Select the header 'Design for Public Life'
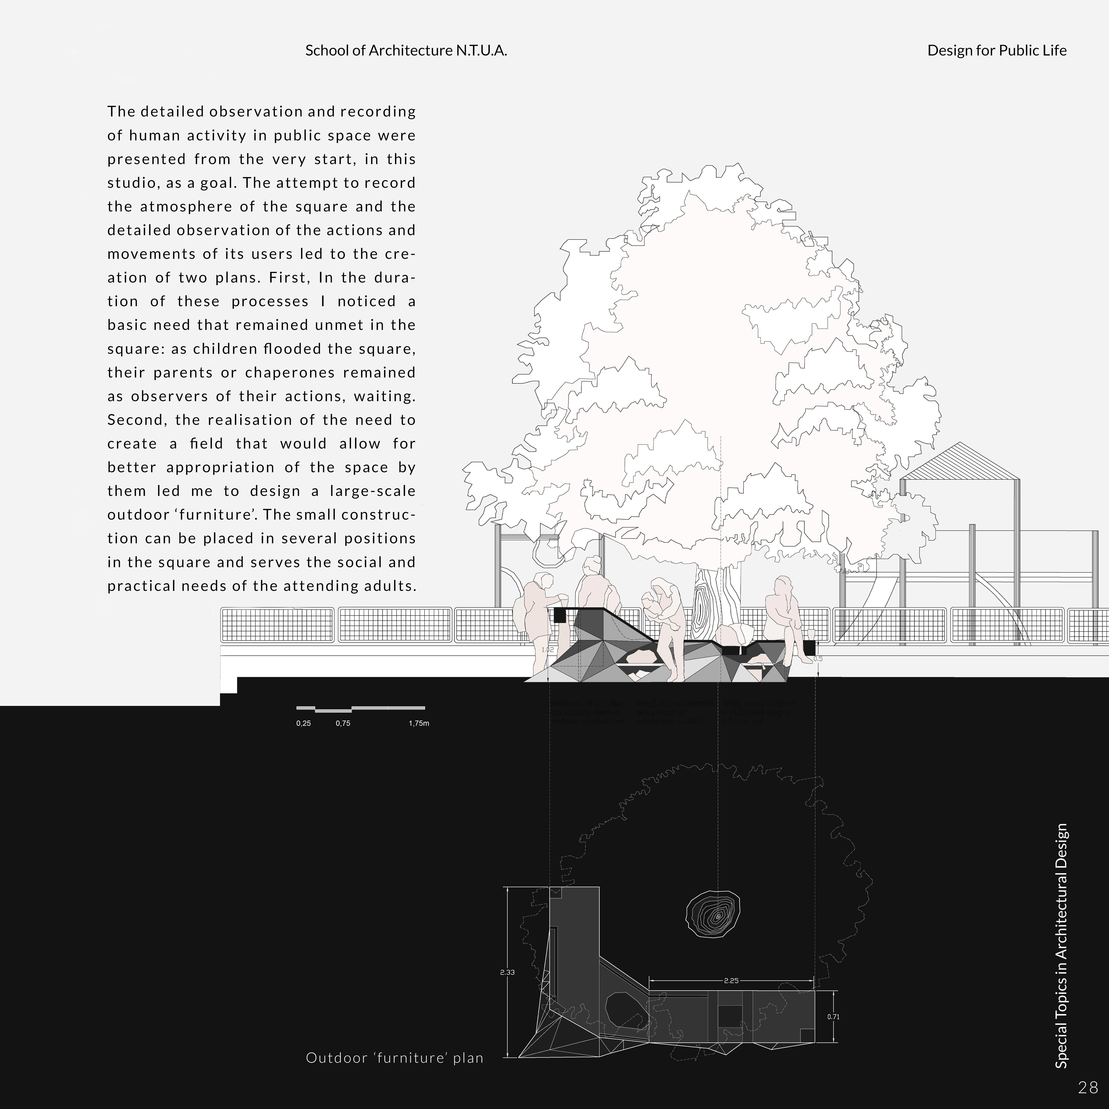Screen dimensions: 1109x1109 997,51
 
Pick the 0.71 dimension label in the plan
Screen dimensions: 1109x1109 833,1017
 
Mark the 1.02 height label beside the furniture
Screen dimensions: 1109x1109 548,650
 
